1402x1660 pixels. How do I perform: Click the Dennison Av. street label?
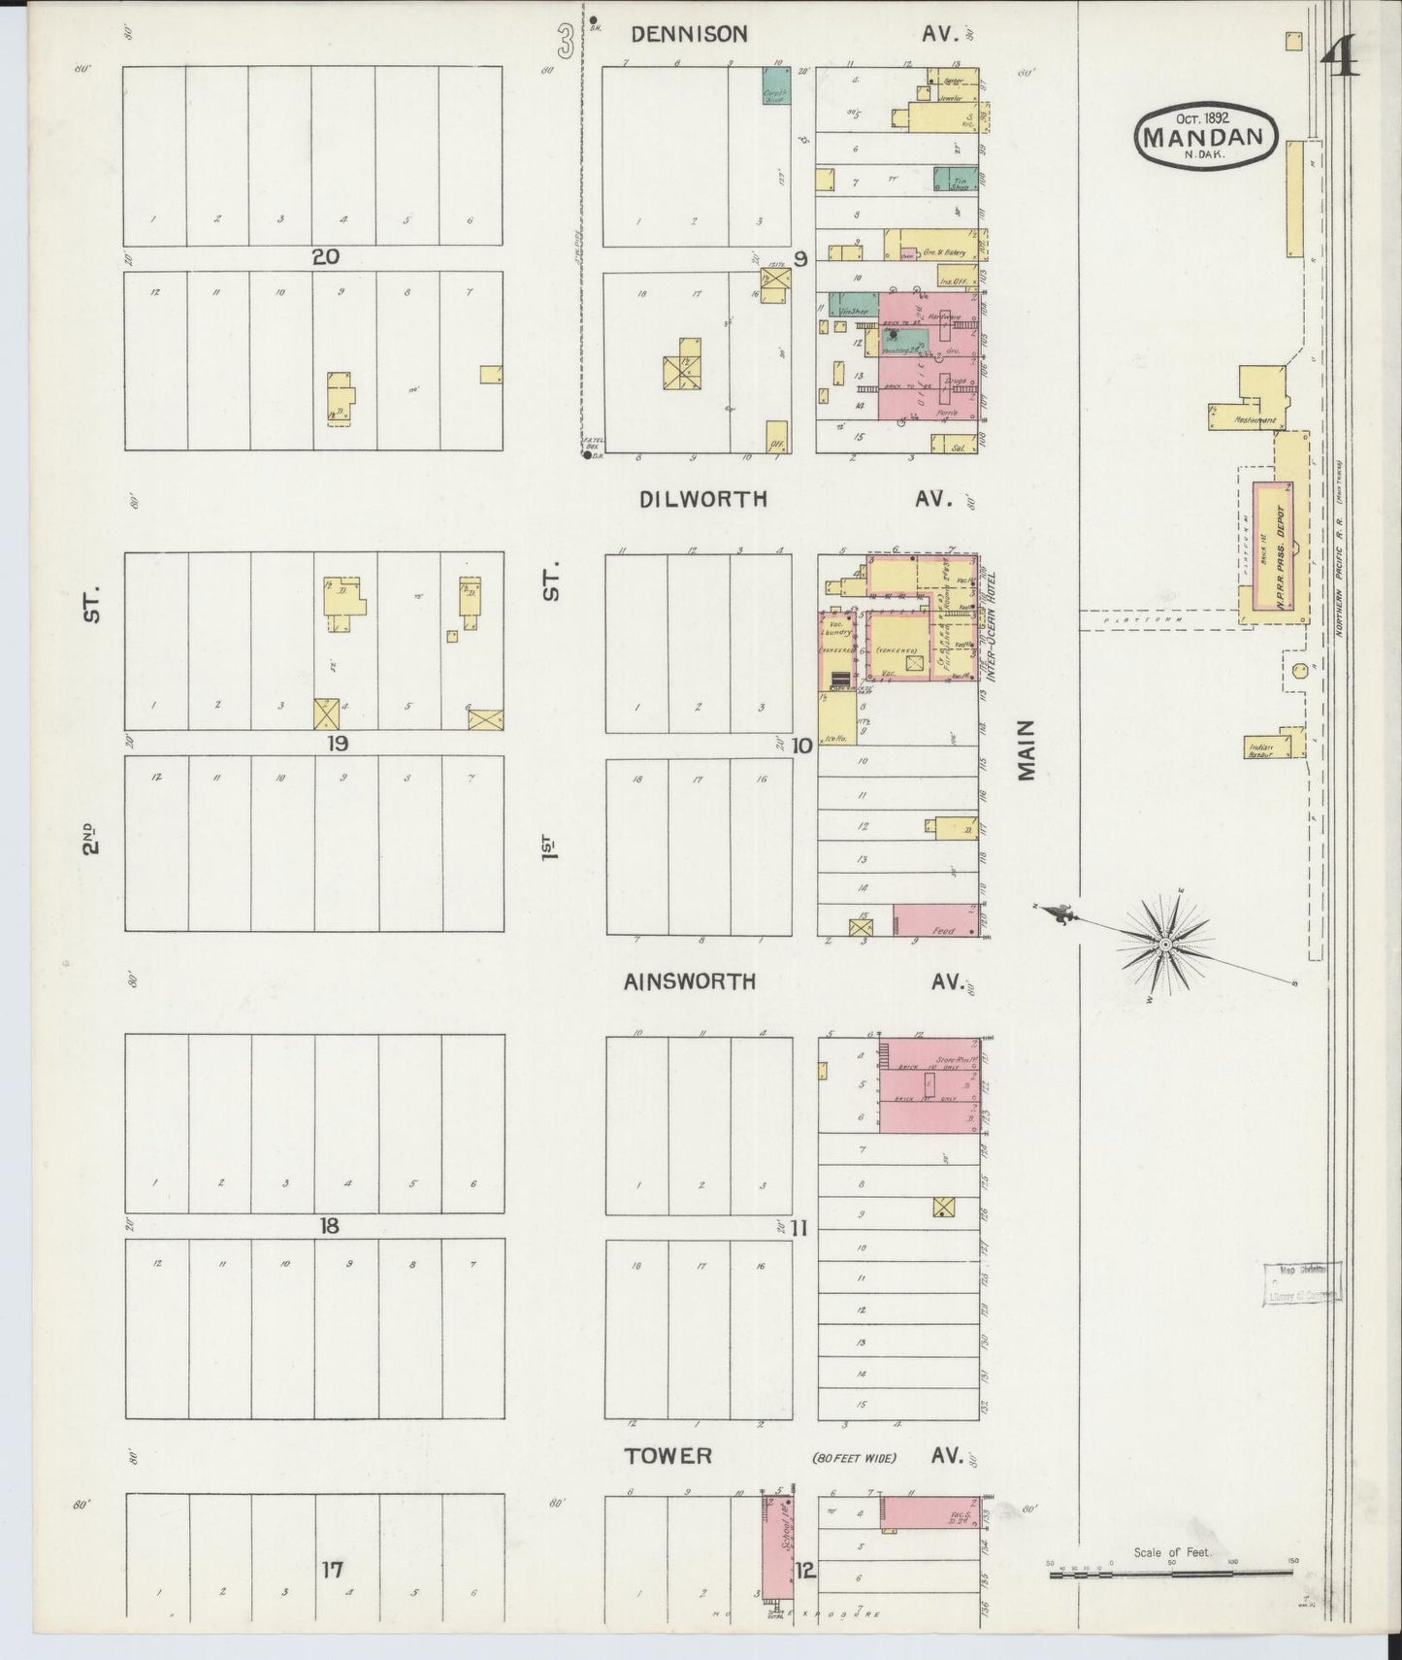click(689, 35)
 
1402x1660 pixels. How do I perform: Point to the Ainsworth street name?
click(690, 981)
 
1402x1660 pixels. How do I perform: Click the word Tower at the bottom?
click(668, 1456)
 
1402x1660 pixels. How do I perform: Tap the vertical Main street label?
click(1027, 750)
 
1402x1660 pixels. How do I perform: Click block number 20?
click(325, 257)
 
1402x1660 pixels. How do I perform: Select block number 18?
click(329, 1226)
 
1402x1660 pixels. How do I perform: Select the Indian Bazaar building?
click(1261, 746)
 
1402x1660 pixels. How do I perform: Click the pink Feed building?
click(936, 919)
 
